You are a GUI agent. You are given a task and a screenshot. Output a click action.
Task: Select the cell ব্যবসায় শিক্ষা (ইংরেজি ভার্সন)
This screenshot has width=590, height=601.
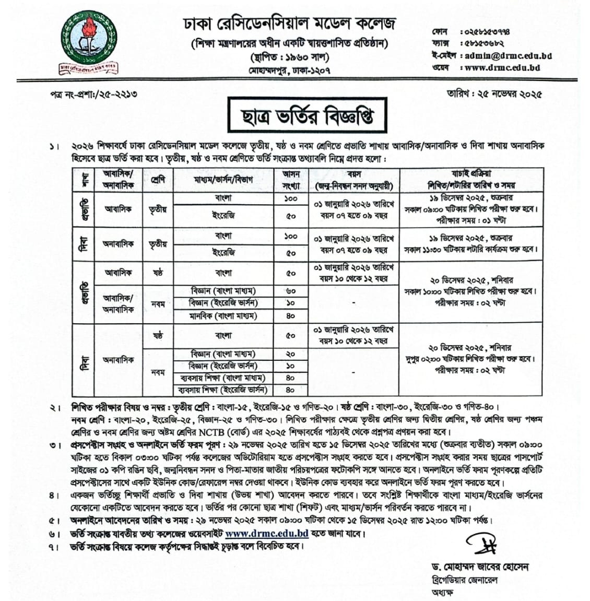pos(222,390)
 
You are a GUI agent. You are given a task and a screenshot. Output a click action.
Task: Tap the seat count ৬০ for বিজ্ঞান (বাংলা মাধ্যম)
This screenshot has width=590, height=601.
pos(291,291)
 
